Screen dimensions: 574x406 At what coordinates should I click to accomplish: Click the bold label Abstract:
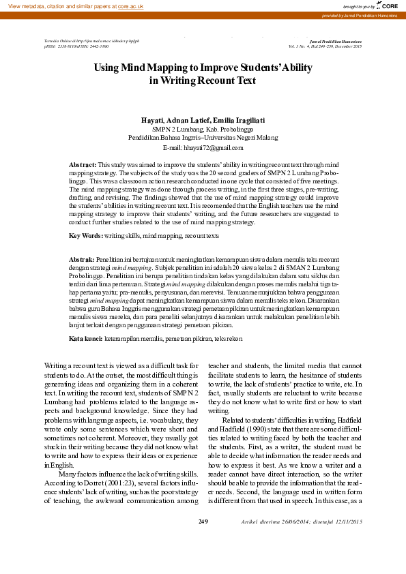pyautogui.click(x=83, y=166)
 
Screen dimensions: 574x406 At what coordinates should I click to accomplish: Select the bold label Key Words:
pyautogui.click(x=86, y=235)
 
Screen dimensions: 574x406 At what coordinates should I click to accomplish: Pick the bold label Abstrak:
pyautogui.click(x=83, y=260)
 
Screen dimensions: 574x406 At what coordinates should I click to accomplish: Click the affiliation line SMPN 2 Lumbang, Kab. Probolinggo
pyautogui.click(x=203, y=128)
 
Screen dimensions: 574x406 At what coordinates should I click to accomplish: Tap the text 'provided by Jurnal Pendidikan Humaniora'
pyautogui.click(x=360, y=15)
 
